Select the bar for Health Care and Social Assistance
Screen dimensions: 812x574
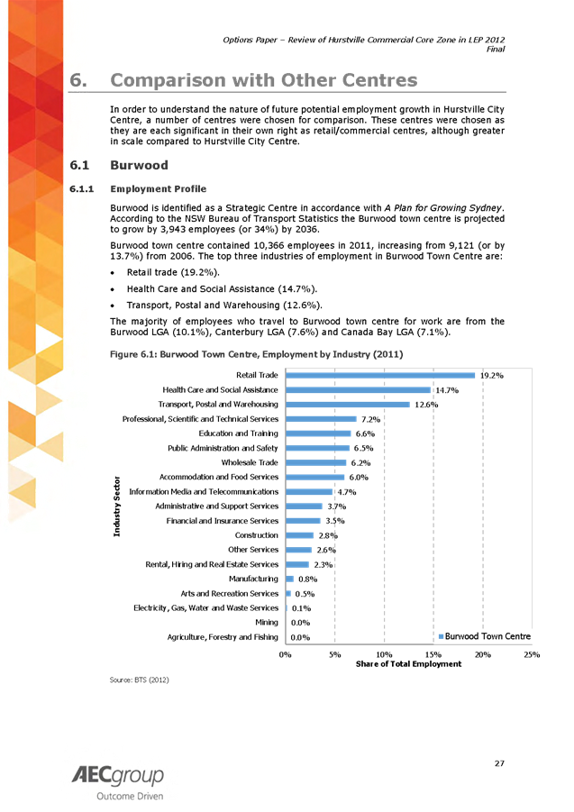click(x=358, y=390)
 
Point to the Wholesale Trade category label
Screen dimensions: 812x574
click(x=249, y=462)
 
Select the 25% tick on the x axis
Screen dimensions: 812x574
click(x=532, y=652)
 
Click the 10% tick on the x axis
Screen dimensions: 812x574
click(x=384, y=652)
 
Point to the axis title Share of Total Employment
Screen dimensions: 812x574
click(x=408, y=663)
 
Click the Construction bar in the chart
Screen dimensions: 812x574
click(x=299, y=535)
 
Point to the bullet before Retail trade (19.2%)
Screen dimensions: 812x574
click(x=111, y=271)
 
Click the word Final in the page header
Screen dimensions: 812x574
click(x=496, y=50)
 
